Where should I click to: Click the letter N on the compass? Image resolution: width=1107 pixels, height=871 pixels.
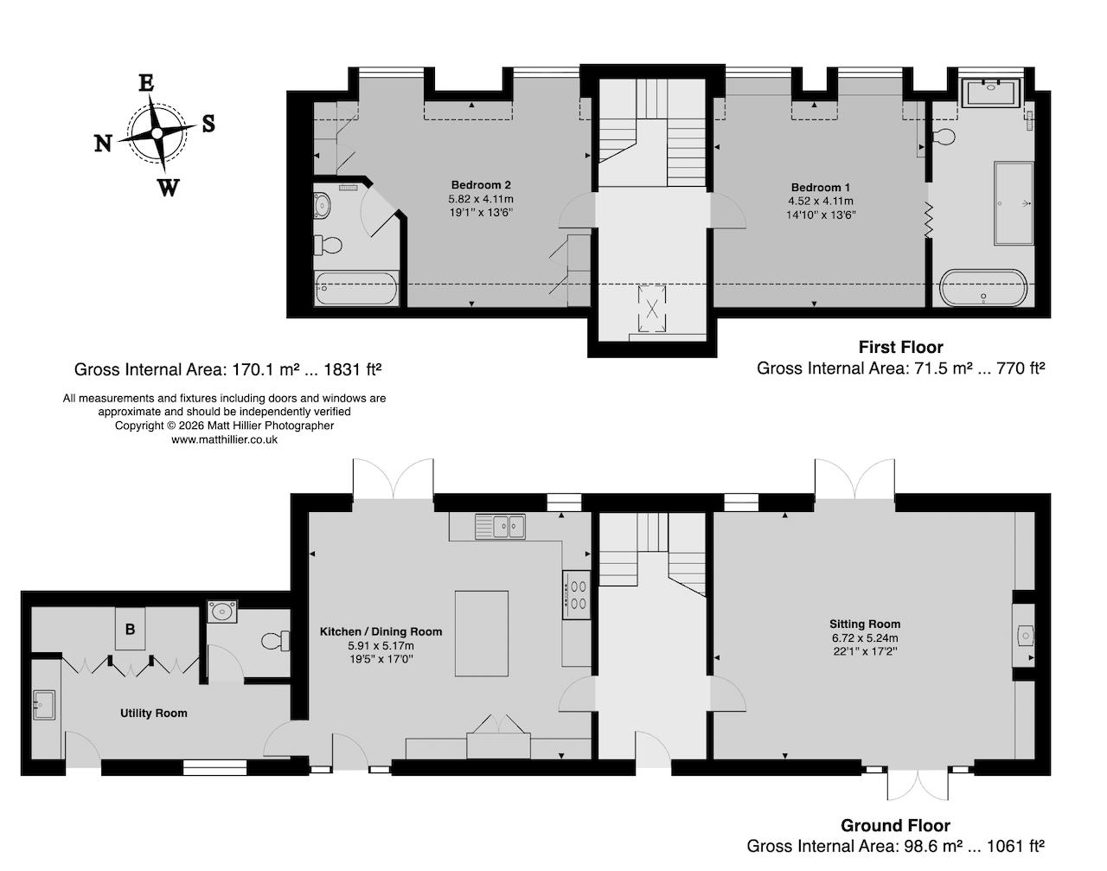(x=103, y=144)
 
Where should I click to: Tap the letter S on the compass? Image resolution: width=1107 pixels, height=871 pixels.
(x=208, y=124)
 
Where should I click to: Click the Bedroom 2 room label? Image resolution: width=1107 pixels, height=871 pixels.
(x=480, y=184)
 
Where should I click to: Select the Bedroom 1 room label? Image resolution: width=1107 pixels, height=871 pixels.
(x=821, y=188)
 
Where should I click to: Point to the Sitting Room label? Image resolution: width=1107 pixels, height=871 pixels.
(x=864, y=624)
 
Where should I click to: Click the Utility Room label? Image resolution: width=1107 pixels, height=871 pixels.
(x=153, y=713)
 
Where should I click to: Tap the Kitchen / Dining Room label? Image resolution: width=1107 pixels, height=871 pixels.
(x=381, y=631)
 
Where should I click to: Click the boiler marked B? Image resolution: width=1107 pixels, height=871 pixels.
(x=131, y=629)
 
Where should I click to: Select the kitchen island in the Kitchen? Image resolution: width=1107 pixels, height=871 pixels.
(x=481, y=633)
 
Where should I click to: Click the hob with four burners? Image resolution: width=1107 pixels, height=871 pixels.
(x=576, y=594)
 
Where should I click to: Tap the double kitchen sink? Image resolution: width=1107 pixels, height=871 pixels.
(x=499, y=526)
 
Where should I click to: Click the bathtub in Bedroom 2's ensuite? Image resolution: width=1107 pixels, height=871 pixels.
(x=357, y=288)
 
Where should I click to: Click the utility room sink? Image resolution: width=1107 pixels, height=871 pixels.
(x=43, y=704)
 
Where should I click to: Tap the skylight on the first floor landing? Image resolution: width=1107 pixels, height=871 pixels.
(x=653, y=309)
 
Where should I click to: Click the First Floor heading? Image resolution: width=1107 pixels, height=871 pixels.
(x=900, y=347)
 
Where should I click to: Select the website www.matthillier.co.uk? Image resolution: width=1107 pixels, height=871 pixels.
(x=224, y=439)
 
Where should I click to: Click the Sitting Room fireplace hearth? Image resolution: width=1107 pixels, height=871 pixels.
(x=1024, y=636)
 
